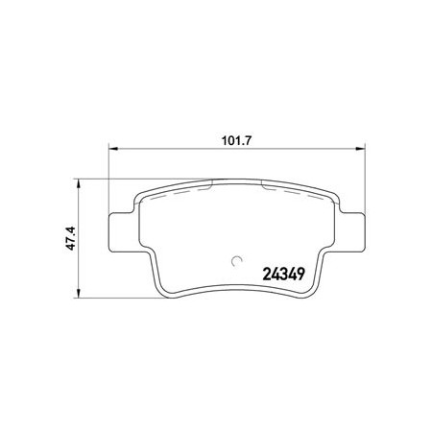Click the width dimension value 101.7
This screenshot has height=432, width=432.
(x=237, y=141)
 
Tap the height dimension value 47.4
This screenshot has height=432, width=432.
(x=70, y=238)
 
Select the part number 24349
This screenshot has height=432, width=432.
(x=283, y=275)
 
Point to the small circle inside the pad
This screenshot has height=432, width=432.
(x=237, y=261)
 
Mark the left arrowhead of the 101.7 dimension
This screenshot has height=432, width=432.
(x=113, y=149)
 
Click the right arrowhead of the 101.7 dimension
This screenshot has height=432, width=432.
(x=360, y=149)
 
